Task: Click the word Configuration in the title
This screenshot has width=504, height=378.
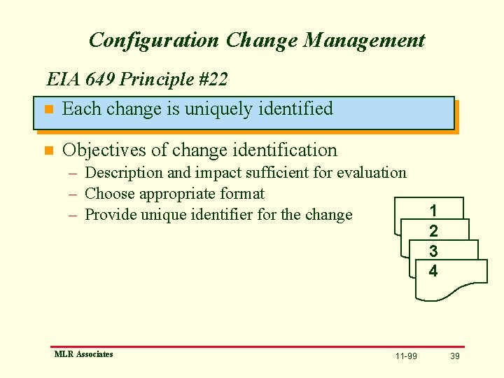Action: (x=155, y=40)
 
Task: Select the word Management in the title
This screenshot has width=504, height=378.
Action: (x=363, y=40)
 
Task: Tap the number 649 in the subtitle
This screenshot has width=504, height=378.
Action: (x=96, y=79)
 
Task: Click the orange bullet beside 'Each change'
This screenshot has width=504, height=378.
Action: (x=48, y=110)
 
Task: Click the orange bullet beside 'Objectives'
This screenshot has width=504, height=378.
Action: (x=48, y=150)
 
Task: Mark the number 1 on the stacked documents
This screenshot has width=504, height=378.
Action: (x=433, y=211)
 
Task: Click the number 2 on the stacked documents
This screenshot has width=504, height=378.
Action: (x=433, y=231)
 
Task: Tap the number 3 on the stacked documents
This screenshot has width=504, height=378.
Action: (x=433, y=251)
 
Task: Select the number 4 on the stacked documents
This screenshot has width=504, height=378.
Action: (x=433, y=271)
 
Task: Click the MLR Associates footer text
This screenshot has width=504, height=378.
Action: (x=83, y=354)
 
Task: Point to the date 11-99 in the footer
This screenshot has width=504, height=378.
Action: (x=406, y=356)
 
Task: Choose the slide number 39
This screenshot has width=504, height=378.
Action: (x=455, y=356)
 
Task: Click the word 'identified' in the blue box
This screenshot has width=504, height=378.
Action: (x=295, y=109)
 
